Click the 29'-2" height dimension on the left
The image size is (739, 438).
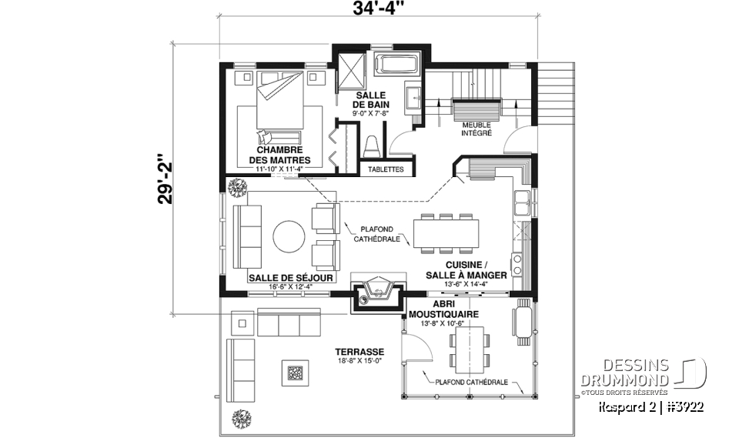(x=163, y=179)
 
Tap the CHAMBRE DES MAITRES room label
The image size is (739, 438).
(x=279, y=155)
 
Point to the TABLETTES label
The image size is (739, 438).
(x=386, y=169)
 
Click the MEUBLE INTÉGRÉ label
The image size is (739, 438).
(x=477, y=128)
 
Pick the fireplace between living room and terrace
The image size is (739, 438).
(x=378, y=289)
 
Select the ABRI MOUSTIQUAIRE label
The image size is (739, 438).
(x=444, y=309)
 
